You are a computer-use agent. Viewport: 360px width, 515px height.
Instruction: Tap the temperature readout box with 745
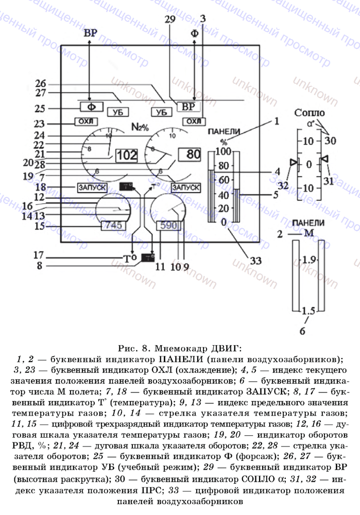112,226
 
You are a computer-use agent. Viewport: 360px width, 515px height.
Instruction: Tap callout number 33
252,261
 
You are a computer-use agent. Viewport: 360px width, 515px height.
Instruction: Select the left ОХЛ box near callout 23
85,122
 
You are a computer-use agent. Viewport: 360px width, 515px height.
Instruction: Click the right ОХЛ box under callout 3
192,121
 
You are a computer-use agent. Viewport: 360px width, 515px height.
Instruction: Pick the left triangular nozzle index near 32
294,163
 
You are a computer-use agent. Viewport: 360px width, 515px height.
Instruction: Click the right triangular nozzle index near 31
324,159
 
